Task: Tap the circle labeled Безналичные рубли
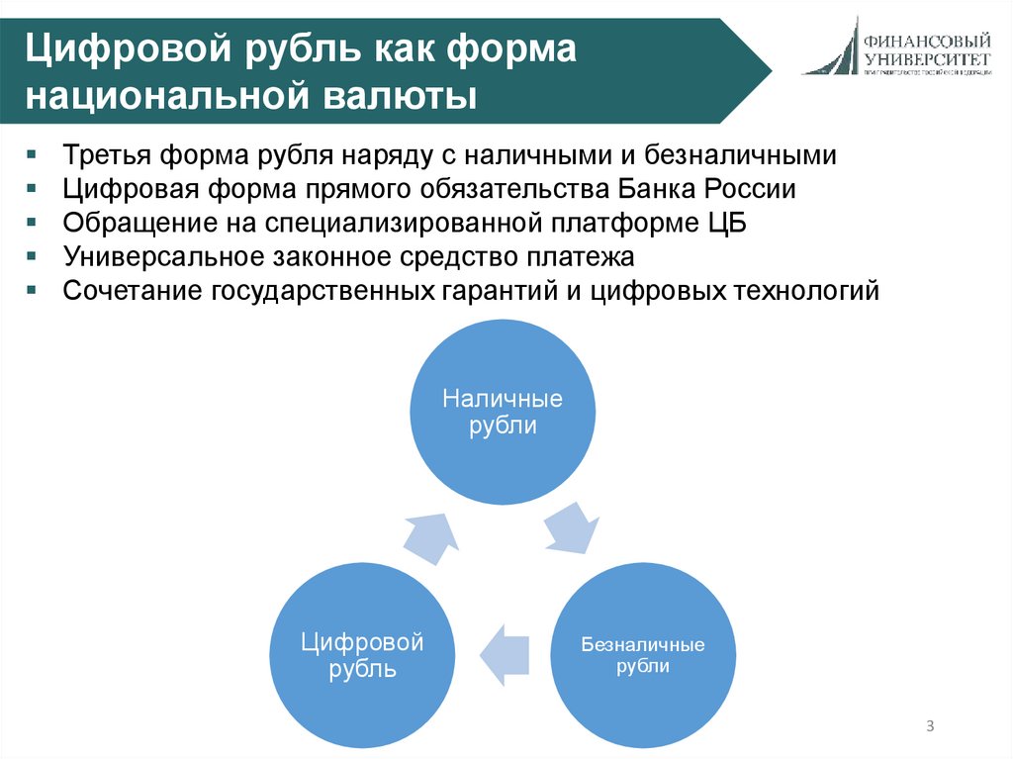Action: (643, 656)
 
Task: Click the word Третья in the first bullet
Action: (101, 155)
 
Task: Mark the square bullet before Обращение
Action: (33, 224)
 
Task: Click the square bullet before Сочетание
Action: (33, 291)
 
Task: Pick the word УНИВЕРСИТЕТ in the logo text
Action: (926, 59)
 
